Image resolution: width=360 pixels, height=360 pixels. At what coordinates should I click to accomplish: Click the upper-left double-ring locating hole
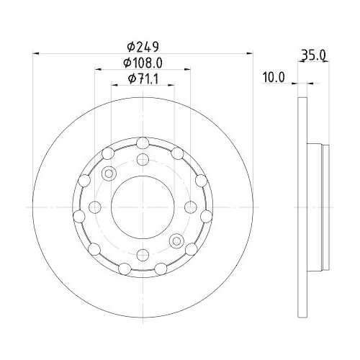pos(109,174)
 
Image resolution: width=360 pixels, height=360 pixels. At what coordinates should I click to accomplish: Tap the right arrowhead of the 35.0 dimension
pos(327,62)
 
